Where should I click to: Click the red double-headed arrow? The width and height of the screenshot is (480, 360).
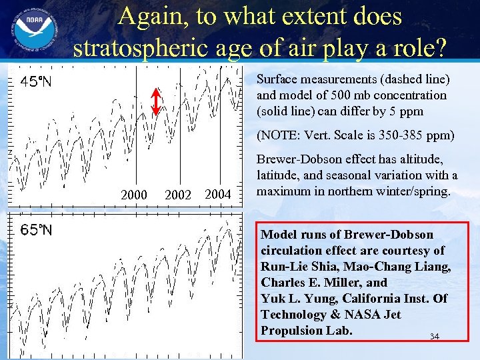coord(155,102)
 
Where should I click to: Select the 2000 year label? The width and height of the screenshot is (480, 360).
coord(133,195)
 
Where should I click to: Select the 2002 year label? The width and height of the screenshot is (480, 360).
coord(177,195)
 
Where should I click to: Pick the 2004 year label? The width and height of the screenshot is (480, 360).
coord(217,194)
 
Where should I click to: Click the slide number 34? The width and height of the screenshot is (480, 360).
coord(435,337)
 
